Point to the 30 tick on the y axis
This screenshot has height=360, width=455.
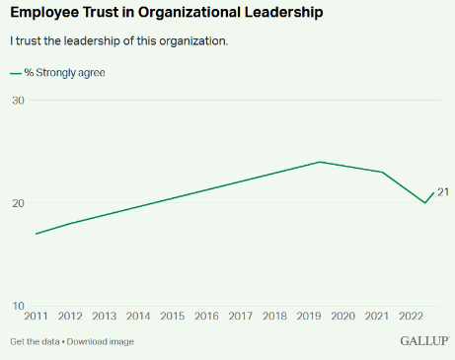(18, 101)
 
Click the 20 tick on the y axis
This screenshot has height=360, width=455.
(18, 203)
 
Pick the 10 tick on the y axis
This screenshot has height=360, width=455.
(18, 306)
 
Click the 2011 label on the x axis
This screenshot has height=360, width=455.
(37, 317)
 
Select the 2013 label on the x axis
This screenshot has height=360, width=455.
(104, 317)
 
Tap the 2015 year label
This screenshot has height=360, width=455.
(172, 317)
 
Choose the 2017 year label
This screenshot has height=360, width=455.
(240, 317)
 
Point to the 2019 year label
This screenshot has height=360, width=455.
(308, 317)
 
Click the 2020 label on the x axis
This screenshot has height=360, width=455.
(341, 317)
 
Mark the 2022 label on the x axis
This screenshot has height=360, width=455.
(410, 317)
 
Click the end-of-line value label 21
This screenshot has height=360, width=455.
(443, 192)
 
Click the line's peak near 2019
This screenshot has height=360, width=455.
(320, 162)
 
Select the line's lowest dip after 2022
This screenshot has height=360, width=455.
(425, 202)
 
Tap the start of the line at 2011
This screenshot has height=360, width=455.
(37, 234)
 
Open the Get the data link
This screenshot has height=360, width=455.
(35, 341)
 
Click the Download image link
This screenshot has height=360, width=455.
(101, 341)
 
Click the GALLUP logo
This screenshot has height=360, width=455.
(424, 341)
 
